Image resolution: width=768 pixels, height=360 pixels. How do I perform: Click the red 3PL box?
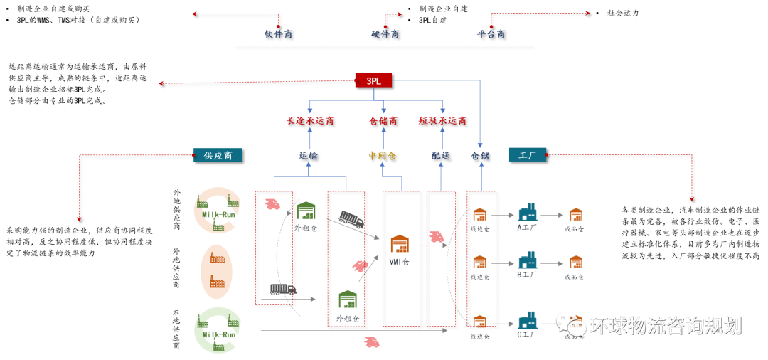373,80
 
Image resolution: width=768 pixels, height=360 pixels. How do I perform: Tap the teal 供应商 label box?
218,155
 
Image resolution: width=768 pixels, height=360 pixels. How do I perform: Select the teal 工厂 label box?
527,154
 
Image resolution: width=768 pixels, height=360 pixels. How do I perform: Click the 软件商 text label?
278,33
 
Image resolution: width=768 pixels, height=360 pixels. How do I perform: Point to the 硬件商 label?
385,33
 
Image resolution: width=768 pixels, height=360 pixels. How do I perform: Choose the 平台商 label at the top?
491,33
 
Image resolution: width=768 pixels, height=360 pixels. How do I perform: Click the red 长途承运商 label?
310,121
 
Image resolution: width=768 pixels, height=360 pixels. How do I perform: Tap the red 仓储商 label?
383,121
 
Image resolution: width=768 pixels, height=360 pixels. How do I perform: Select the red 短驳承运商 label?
442,121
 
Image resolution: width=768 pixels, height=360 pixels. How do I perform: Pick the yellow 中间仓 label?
382,155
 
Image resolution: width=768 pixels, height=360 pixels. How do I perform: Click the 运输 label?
308,155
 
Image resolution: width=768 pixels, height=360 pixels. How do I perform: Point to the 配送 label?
441,155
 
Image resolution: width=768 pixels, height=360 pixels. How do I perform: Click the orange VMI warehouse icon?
400,244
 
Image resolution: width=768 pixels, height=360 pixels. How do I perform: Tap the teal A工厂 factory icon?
528,212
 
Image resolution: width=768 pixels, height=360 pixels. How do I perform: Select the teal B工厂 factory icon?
528,260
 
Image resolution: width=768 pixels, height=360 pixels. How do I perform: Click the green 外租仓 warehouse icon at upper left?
306,211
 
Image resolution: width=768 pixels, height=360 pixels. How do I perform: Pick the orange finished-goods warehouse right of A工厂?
575,214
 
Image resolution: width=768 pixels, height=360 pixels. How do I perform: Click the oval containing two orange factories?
216,271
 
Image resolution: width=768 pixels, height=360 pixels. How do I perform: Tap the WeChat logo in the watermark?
571,324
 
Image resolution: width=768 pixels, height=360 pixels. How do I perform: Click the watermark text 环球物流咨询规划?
665,326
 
